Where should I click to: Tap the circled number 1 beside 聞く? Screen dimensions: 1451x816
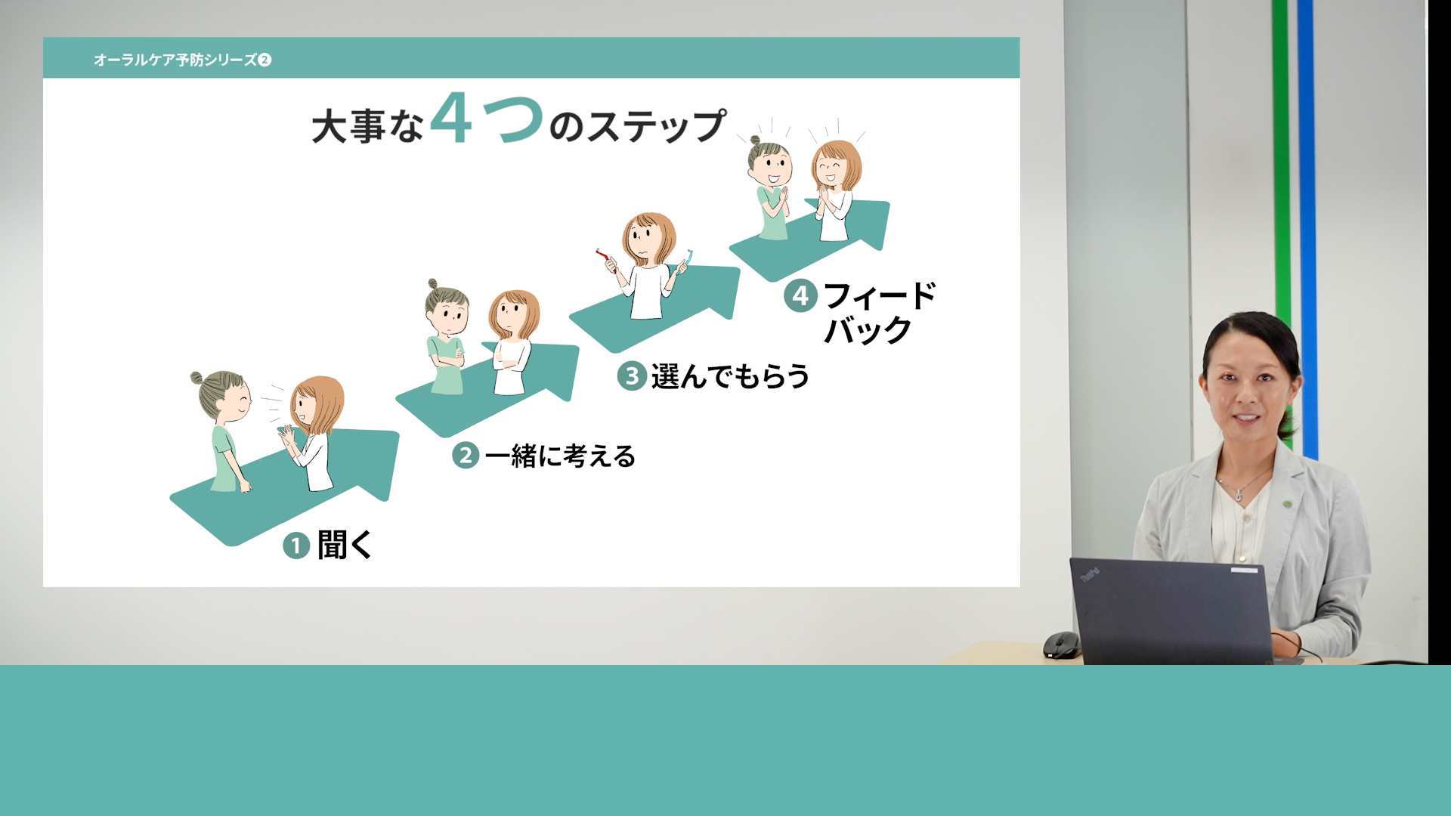pyautogui.click(x=296, y=546)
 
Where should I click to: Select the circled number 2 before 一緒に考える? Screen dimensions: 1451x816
pyautogui.click(x=466, y=456)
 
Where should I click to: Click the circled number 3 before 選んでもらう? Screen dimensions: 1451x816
pyautogui.click(x=632, y=376)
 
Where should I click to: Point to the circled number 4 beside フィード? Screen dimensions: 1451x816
pyautogui.click(x=800, y=295)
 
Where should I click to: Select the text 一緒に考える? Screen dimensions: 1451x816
pyautogui.click(x=560, y=456)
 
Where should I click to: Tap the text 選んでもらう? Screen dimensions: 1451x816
pyautogui.click(x=730, y=376)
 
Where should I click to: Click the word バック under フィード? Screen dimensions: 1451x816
pyautogui.click(x=868, y=330)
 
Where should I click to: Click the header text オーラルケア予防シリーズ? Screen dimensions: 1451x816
pyautogui.click(x=175, y=60)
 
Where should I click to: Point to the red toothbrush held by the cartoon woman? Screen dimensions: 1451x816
pyautogui.click(x=605, y=259)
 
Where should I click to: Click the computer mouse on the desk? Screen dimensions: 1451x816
pyautogui.click(x=1061, y=644)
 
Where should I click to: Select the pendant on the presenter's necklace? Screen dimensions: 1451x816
pyautogui.click(x=1239, y=496)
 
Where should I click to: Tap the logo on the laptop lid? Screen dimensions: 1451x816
pyautogui.click(x=1089, y=576)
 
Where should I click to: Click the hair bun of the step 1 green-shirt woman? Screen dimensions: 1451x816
pyautogui.click(x=196, y=378)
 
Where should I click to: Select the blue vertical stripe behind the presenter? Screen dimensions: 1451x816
pyautogui.click(x=1308, y=227)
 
